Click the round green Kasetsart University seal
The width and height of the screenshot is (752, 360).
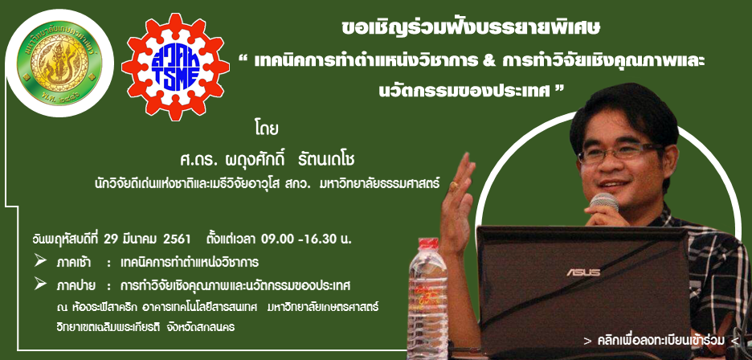tap(59, 63)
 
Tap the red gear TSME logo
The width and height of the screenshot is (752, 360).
tap(175, 67)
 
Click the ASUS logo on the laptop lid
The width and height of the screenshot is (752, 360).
tap(583, 272)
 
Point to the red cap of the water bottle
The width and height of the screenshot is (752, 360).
tap(427, 243)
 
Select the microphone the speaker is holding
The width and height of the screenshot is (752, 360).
tap(604, 202)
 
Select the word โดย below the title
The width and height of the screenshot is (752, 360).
tap(267, 131)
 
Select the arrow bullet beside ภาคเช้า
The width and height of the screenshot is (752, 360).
tap(40, 261)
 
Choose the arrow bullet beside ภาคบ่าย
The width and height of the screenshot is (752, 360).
tap(40, 284)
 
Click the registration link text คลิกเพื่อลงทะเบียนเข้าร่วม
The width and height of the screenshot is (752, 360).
tap(662, 341)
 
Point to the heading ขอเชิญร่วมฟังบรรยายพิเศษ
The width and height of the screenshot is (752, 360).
tap(471, 28)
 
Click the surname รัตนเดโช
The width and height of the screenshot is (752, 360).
tap(327, 160)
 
